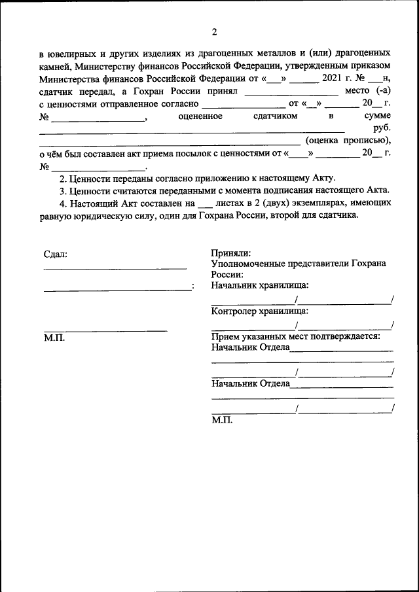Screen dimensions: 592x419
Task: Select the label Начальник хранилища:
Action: coord(260,285)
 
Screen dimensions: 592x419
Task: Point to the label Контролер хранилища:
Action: coord(260,311)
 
